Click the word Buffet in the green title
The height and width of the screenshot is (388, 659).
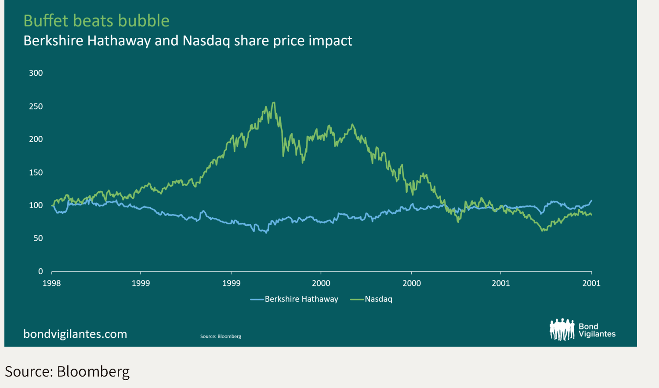[46, 21]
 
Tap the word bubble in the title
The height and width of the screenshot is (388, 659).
[148, 21]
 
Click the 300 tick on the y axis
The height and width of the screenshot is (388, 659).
[36, 73]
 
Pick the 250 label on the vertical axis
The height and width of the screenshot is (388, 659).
[36, 106]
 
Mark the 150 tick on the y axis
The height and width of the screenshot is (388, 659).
[36, 172]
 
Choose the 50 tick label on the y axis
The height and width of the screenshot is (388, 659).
[38, 238]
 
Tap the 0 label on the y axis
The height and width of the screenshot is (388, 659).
[40, 271]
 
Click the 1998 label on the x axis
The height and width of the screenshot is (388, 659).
[52, 283]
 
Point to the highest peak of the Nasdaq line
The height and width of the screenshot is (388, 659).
[274, 103]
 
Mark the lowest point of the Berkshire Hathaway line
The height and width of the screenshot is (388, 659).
[266, 232]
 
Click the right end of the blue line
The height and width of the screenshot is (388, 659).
[591, 201]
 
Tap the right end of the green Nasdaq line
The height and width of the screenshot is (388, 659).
[591, 215]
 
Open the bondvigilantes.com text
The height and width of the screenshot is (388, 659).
[75, 334]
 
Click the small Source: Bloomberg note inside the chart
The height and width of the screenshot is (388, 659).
[221, 337]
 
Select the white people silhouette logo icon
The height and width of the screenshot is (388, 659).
[562, 329]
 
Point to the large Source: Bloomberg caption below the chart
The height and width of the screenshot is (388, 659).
[67, 372]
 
